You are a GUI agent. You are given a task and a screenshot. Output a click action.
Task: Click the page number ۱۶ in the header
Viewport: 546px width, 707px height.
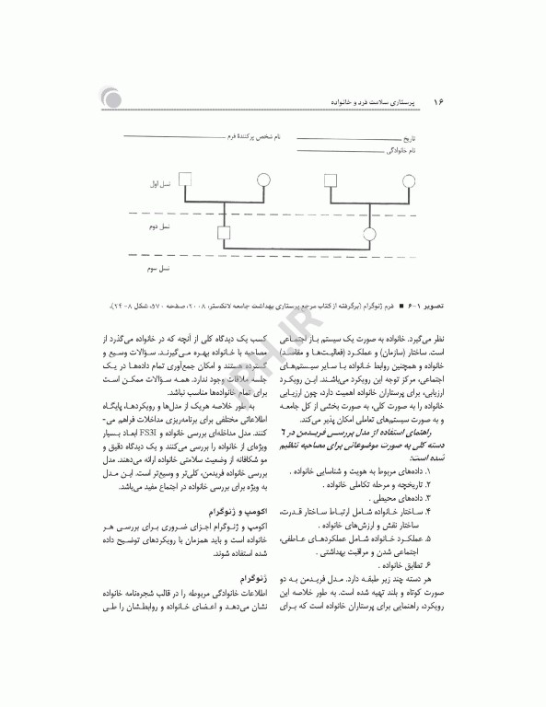coord(438,99)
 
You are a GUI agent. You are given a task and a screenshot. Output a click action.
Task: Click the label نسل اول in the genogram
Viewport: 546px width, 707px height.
coord(163,183)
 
